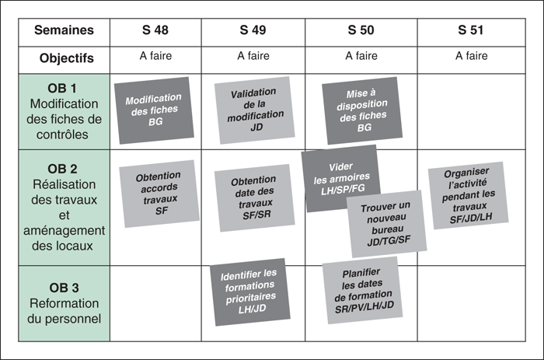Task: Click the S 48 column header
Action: [155, 30]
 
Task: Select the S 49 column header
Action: [253, 30]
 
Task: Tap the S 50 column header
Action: [361, 30]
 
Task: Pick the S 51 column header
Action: [470, 30]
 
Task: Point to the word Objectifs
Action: [67, 58]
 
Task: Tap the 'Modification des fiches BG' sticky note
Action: [154, 110]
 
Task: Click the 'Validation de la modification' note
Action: [254, 110]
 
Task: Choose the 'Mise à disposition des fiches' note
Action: [362, 110]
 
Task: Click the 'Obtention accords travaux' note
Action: [159, 194]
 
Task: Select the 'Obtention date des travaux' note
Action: [254, 197]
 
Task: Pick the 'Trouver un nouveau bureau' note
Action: [386, 224]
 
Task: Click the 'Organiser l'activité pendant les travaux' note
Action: [468, 195]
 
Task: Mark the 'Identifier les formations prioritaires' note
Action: [249, 292]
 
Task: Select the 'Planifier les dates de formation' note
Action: [362, 290]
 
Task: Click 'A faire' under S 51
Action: [471, 55]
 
